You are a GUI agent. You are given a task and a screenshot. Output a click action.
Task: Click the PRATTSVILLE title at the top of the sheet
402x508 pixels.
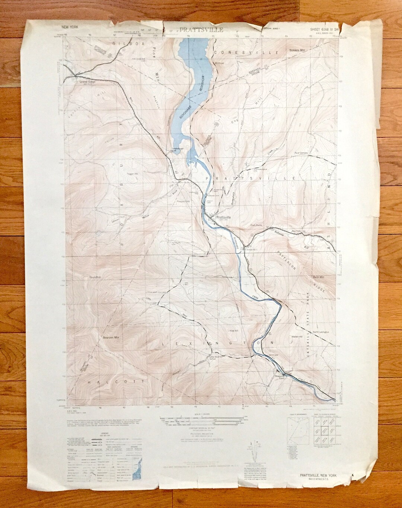[201, 30]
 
